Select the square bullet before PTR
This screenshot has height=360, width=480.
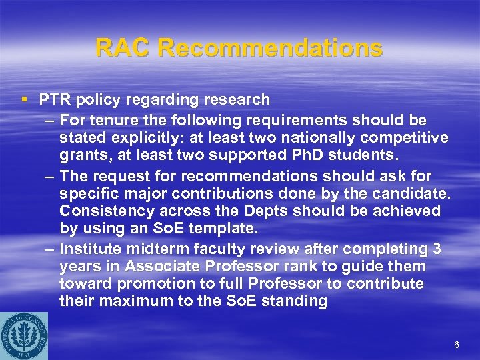tap(25, 100)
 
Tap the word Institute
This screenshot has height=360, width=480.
tap(91, 249)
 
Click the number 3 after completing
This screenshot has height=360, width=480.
tap(437, 249)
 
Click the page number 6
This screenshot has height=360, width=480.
tap(456, 345)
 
